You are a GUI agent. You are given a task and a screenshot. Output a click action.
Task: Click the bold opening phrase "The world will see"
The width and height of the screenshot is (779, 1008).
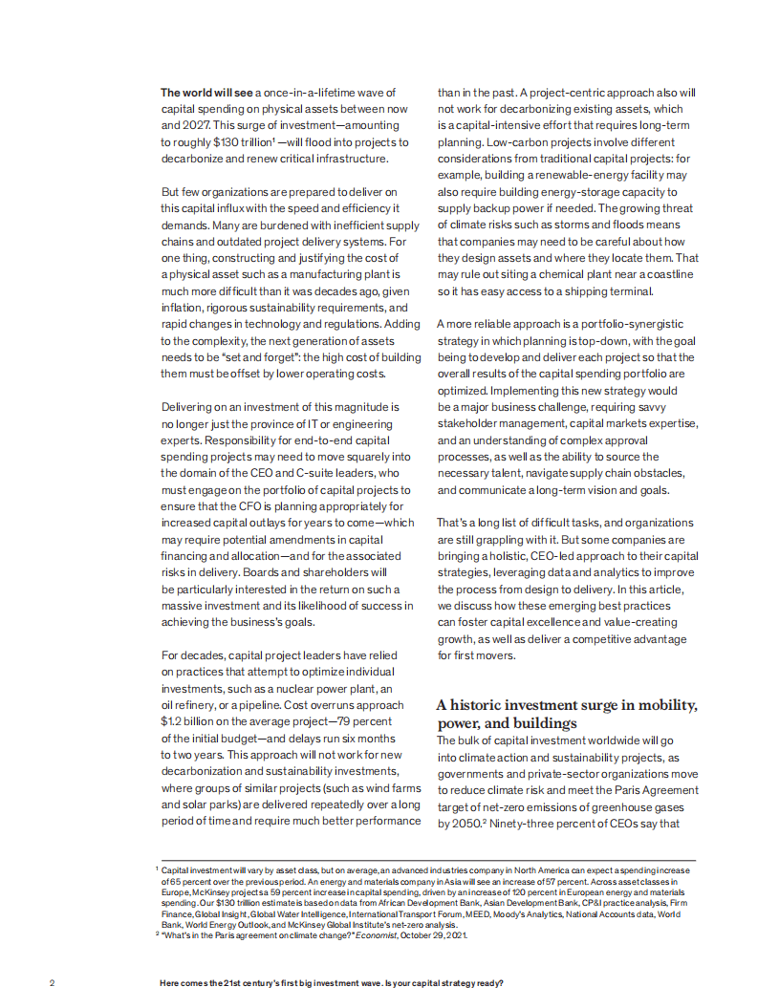tap(206, 93)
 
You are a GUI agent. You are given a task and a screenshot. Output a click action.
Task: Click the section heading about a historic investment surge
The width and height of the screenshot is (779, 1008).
tap(567, 714)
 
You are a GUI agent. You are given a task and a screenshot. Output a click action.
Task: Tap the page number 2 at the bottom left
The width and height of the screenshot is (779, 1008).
tap(52, 983)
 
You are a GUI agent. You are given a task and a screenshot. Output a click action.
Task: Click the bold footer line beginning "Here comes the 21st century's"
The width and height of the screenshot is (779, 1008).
tap(331, 983)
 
